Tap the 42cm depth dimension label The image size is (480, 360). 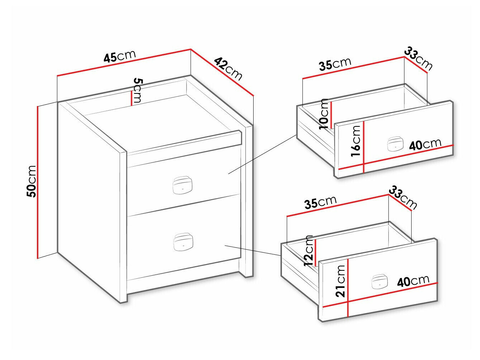pyautogui.click(x=228, y=69)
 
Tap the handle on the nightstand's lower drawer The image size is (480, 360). pyautogui.click(x=183, y=242)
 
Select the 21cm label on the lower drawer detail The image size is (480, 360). pyautogui.click(x=340, y=281)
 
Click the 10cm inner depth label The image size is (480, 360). pyautogui.click(x=324, y=114)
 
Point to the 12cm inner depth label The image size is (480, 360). pyautogui.click(x=308, y=250)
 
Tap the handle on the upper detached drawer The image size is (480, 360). pyautogui.click(x=395, y=144)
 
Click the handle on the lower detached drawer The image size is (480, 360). pyautogui.click(x=379, y=282)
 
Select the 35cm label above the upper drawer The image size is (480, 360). pyautogui.click(x=335, y=64)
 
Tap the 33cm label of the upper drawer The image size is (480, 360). pyautogui.click(x=418, y=59)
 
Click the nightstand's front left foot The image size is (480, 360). pyautogui.click(x=124, y=299)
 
